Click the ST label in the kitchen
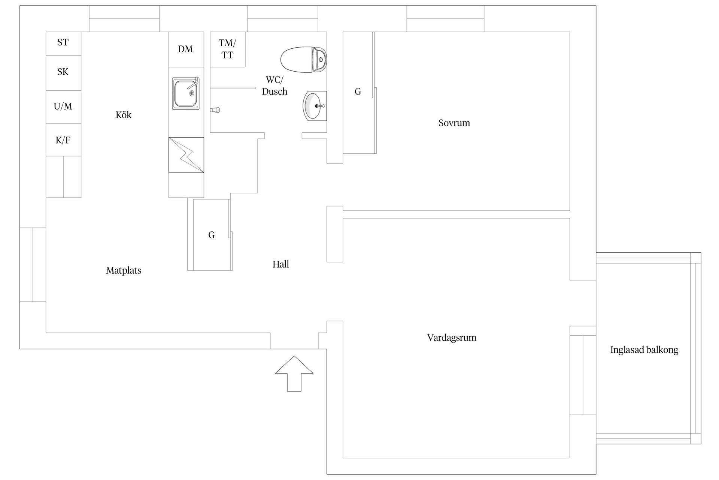[x=63, y=42]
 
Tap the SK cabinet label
[x=63, y=72]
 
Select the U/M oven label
[x=63, y=106]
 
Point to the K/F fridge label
[x=63, y=140]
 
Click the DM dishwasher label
[x=185, y=49]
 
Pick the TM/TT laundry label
[x=227, y=49]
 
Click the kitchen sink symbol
[x=186, y=93]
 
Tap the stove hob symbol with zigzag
[x=186, y=155]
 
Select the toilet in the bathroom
[x=304, y=59]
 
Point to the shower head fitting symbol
[x=215, y=110]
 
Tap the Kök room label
[x=124, y=115]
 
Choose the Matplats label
[x=124, y=270]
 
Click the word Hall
[x=280, y=264]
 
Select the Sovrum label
[x=454, y=123]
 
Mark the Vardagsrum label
[x=452, y=337]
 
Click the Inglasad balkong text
[x=644, y=350]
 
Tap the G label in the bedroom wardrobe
[x=358, y=91]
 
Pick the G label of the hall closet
[x=211, y=235]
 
